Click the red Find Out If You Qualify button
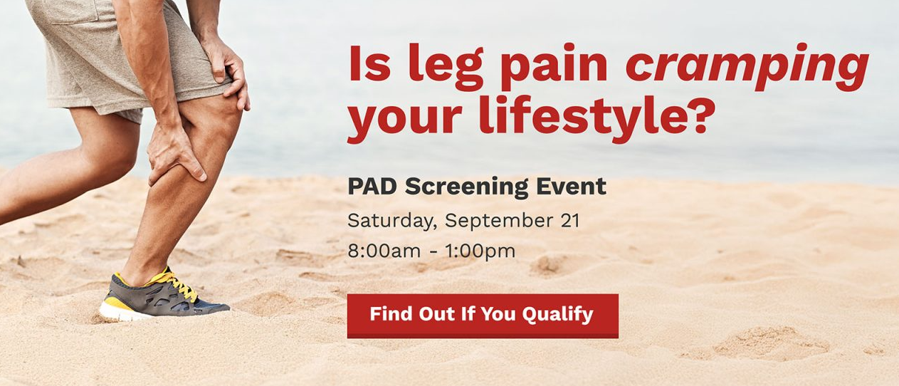tap(483, 315)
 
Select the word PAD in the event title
tap(372, 186)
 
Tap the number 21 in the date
tap(569, 221)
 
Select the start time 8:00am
tap(384, 251)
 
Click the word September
tap(499, 221)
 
